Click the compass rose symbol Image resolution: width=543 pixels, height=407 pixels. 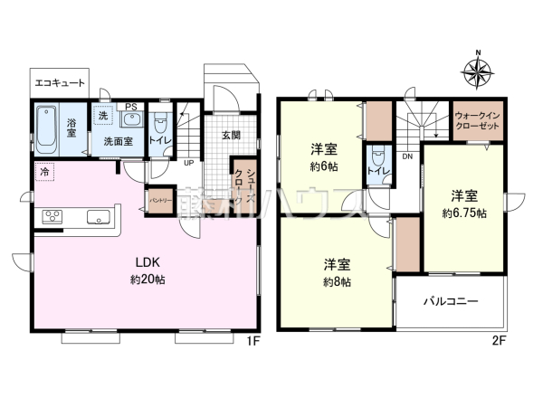point(478,70)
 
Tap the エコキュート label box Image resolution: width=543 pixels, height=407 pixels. point(60,82)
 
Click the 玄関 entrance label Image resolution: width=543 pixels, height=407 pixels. point(230,136)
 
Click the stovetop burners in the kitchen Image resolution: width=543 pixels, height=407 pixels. point(52,216)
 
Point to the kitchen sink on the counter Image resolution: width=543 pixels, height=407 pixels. point(99,216)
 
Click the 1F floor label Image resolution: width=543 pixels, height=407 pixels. point(254,341)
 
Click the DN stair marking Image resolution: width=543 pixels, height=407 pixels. point(407,156)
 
